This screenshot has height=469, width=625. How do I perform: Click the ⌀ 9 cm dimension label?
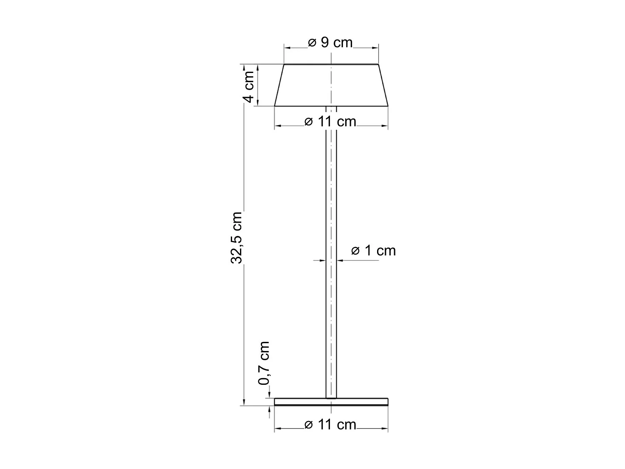coord(330,43)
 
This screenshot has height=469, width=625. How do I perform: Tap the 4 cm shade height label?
coord(249,87)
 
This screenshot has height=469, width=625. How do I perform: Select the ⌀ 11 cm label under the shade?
coord(330,122)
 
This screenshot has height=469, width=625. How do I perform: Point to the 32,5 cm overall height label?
coord(236,238)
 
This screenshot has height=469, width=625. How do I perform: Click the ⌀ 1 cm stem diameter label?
coord(373,251)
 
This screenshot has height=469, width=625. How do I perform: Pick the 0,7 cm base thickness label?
coord(264,363)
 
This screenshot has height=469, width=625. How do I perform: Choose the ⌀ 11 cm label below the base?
coord(330,424)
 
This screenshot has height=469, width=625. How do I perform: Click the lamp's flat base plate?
coord(331,402)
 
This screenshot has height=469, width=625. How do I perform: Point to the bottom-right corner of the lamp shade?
coord(388,106)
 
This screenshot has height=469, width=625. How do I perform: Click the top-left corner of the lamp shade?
coord(284,65)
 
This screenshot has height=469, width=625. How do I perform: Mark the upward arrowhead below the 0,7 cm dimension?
coord(270,409)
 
